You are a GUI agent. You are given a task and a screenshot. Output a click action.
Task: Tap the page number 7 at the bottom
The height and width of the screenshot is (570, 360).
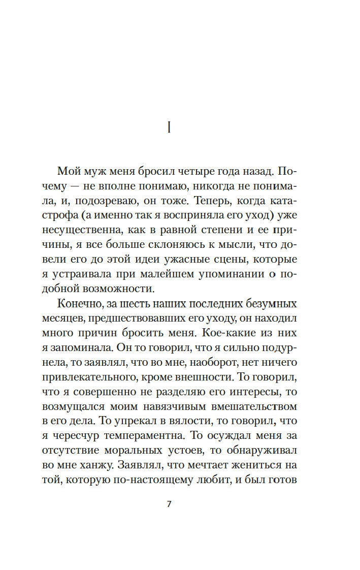[169, 504]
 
